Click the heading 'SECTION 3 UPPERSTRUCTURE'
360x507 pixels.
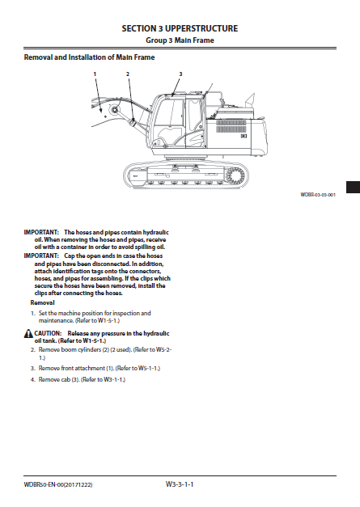[180, 27]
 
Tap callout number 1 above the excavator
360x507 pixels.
[95, 74]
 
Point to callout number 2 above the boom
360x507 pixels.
[127, 74]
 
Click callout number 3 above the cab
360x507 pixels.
[180, 74]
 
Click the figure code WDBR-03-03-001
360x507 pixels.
[318, 195]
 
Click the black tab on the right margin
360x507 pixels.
[352, 188]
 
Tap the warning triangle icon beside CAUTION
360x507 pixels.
[28, 333]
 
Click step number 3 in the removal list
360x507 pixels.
[32, 368]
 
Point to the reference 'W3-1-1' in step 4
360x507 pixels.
[112, 378]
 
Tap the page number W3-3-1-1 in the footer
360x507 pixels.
[180, 484]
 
